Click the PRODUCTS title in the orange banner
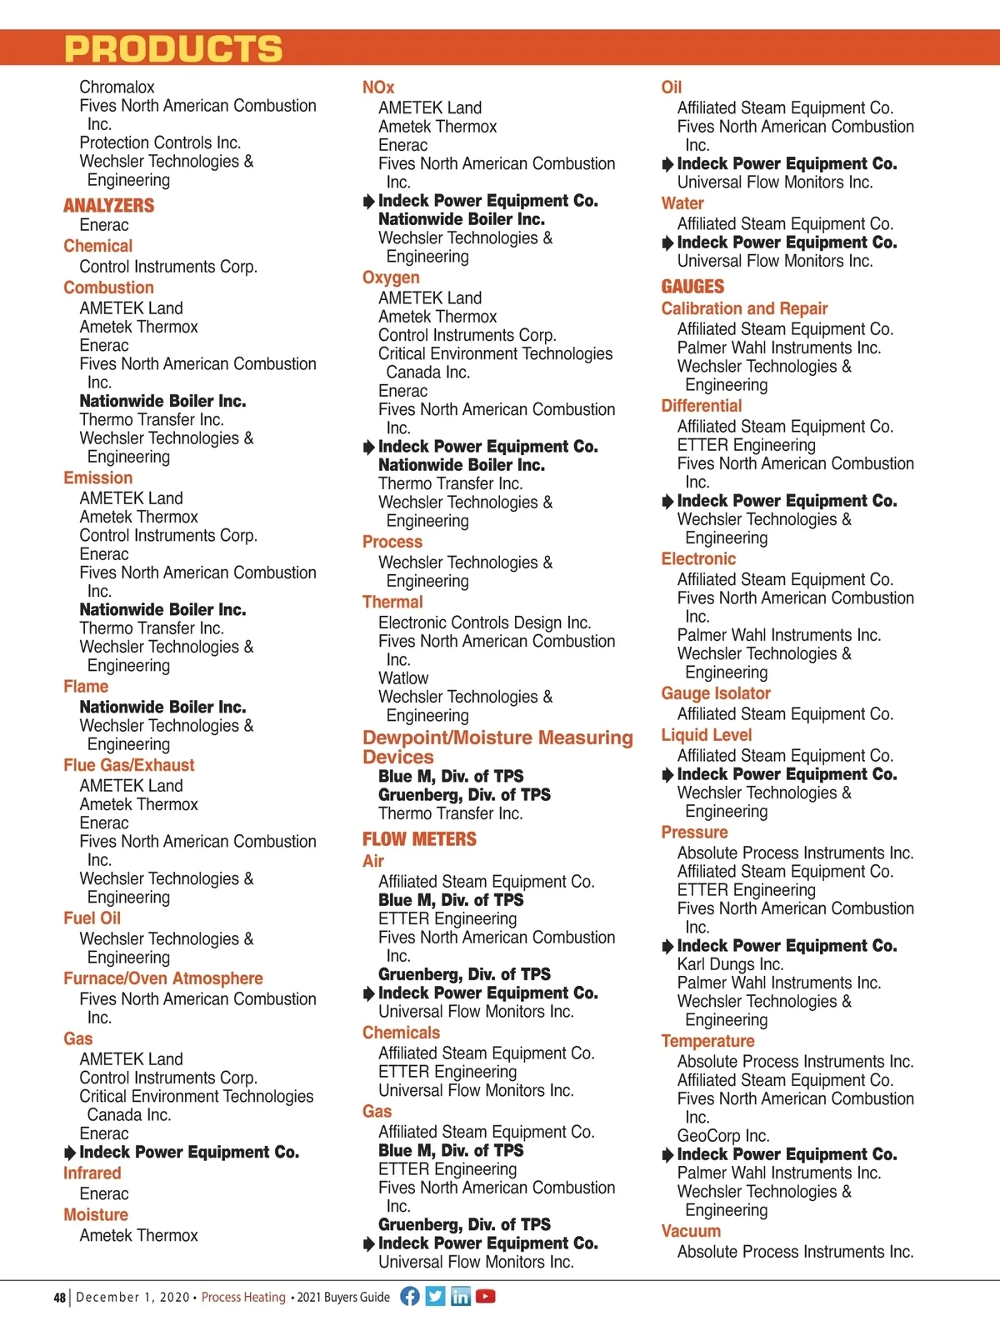173,49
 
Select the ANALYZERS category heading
109,205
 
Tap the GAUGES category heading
692,287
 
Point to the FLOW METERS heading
419,839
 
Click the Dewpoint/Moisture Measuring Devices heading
497,747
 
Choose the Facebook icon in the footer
410,1296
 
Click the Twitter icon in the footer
435,1296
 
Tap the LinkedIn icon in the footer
461,1296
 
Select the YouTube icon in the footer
486,1296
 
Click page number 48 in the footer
59,1298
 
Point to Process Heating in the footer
243,1297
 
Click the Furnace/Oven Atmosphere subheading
163,978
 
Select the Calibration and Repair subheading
744,308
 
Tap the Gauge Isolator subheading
716,693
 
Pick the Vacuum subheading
691,1231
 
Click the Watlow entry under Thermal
403,678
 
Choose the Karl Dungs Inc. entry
730,964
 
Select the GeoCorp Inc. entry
723,1136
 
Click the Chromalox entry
117,88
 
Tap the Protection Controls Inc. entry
160,143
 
